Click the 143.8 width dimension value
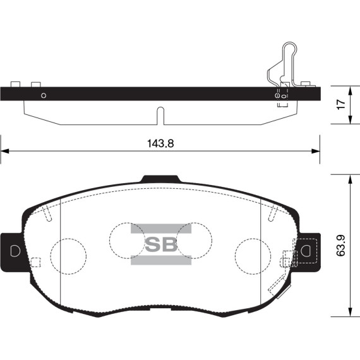pyautogui.click(x=159, y=143)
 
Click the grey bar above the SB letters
pyautogui.click(x=160, y=229)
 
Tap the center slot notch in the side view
pyautogui.click(x=160, y=116)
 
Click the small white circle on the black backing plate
pyautogui.click(x=44, y=95)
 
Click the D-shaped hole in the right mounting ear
pyautogui.click(x=307, y=250)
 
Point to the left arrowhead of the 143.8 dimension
pyautogui.click(x=4, y=151)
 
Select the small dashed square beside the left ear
pyautogui.click(x=36, y=262)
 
